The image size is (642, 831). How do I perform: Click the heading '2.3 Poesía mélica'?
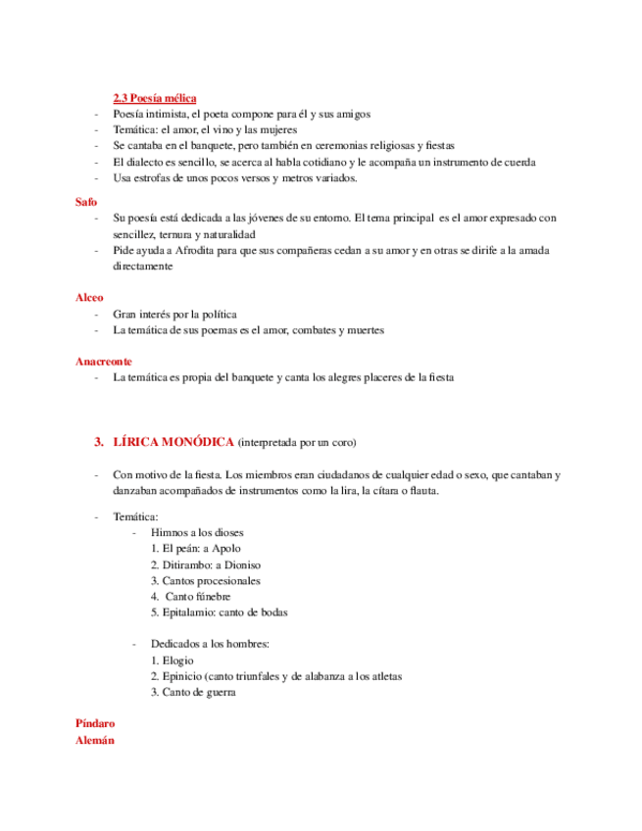(154, 98)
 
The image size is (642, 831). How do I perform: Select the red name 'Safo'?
(86, 201)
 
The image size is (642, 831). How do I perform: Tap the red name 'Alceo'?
(89, 296)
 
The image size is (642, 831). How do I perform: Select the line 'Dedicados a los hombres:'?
(209, 645)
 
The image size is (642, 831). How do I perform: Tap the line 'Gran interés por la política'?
(174, 315)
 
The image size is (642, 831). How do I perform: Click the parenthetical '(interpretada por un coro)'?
(305, 443)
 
